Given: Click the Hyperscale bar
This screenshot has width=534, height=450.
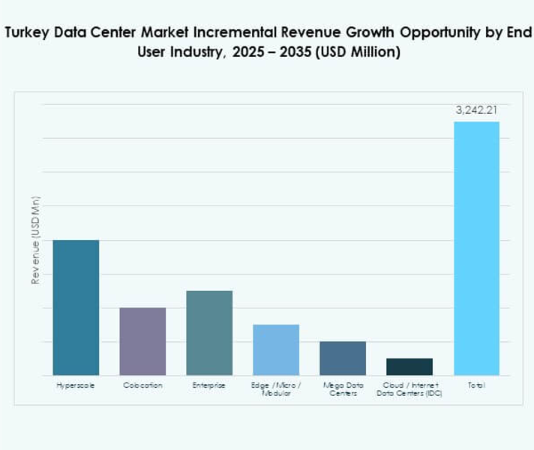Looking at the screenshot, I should [76, 307].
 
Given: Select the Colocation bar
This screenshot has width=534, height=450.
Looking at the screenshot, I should [142, 341].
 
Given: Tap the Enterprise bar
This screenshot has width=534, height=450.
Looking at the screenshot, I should [209, 332].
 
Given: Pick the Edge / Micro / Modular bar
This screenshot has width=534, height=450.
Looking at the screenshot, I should [276, 349].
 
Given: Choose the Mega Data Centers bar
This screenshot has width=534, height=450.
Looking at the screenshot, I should [343, 358].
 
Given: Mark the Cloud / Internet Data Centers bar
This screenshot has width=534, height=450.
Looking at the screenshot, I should [409, 367].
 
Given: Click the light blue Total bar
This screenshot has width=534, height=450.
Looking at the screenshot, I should [476, 248].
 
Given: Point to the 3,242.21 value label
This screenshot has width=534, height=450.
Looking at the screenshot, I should [476, 110].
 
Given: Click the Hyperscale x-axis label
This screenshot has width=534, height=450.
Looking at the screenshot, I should [76, 385].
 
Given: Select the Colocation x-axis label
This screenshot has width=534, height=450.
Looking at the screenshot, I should [142, 385].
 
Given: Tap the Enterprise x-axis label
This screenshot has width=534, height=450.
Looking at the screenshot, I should [209, 385].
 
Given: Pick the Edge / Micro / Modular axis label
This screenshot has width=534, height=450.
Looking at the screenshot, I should [276, 389].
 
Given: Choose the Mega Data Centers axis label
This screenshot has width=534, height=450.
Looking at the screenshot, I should [343, 389].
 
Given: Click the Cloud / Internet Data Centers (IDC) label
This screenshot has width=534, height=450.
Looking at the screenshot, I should [409, 389].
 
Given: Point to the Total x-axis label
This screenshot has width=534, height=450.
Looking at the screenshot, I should [476, 385].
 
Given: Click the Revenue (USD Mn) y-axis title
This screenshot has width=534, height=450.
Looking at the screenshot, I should [35, 240].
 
